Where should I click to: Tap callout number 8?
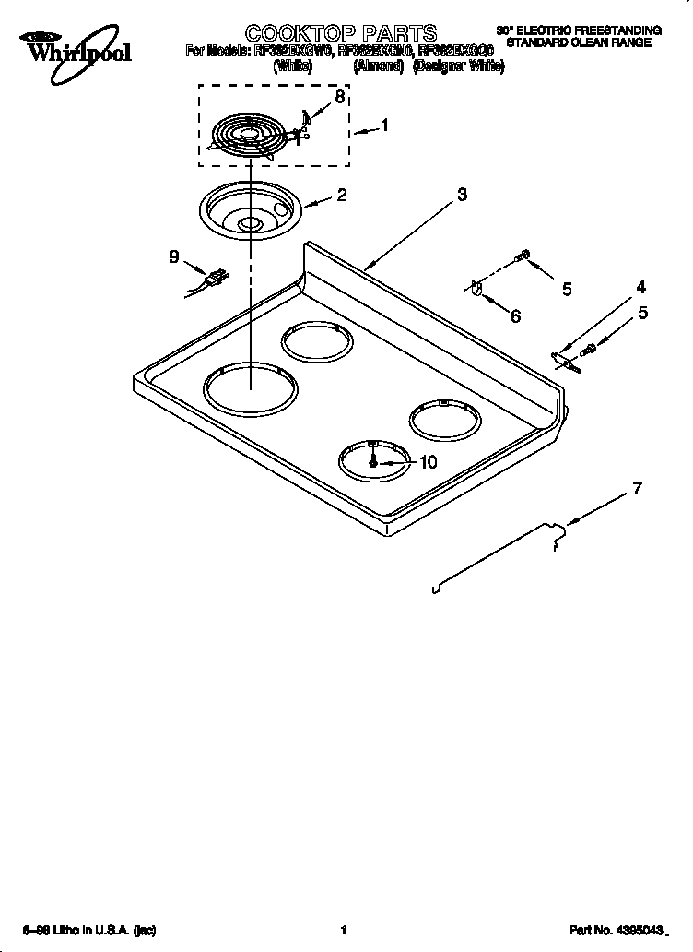coord(340,97)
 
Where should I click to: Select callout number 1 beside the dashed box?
coord(384,126)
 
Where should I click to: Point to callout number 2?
coord(341,195)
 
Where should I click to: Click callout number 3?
coord(462,194)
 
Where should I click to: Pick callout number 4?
coord(641,287)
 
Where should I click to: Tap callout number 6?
coord(515,316)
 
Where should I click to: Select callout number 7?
coord(637,489)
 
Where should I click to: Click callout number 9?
coord(173,257)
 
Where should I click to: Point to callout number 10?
coord(428,463)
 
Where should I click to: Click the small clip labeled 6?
coord(476,289)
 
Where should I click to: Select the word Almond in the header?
coord(379,66)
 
